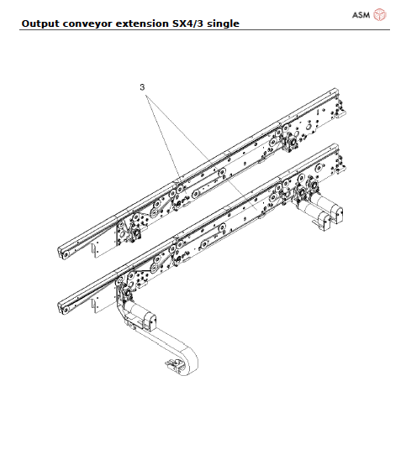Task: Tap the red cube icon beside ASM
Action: [x=380, y=14]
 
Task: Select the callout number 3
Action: [x=143, y=86]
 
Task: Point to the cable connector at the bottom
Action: [x=175, y=364]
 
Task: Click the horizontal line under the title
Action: [x=203, y=31]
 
